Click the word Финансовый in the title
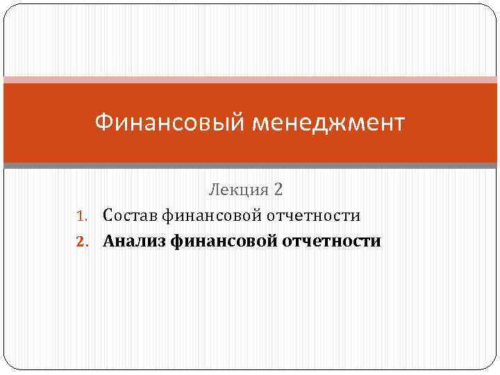pos(169,124)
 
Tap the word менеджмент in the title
pos(328,124)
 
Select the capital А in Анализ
pos(109,241)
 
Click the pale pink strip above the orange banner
pos(250,80)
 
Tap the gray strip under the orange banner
pos(250,166)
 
